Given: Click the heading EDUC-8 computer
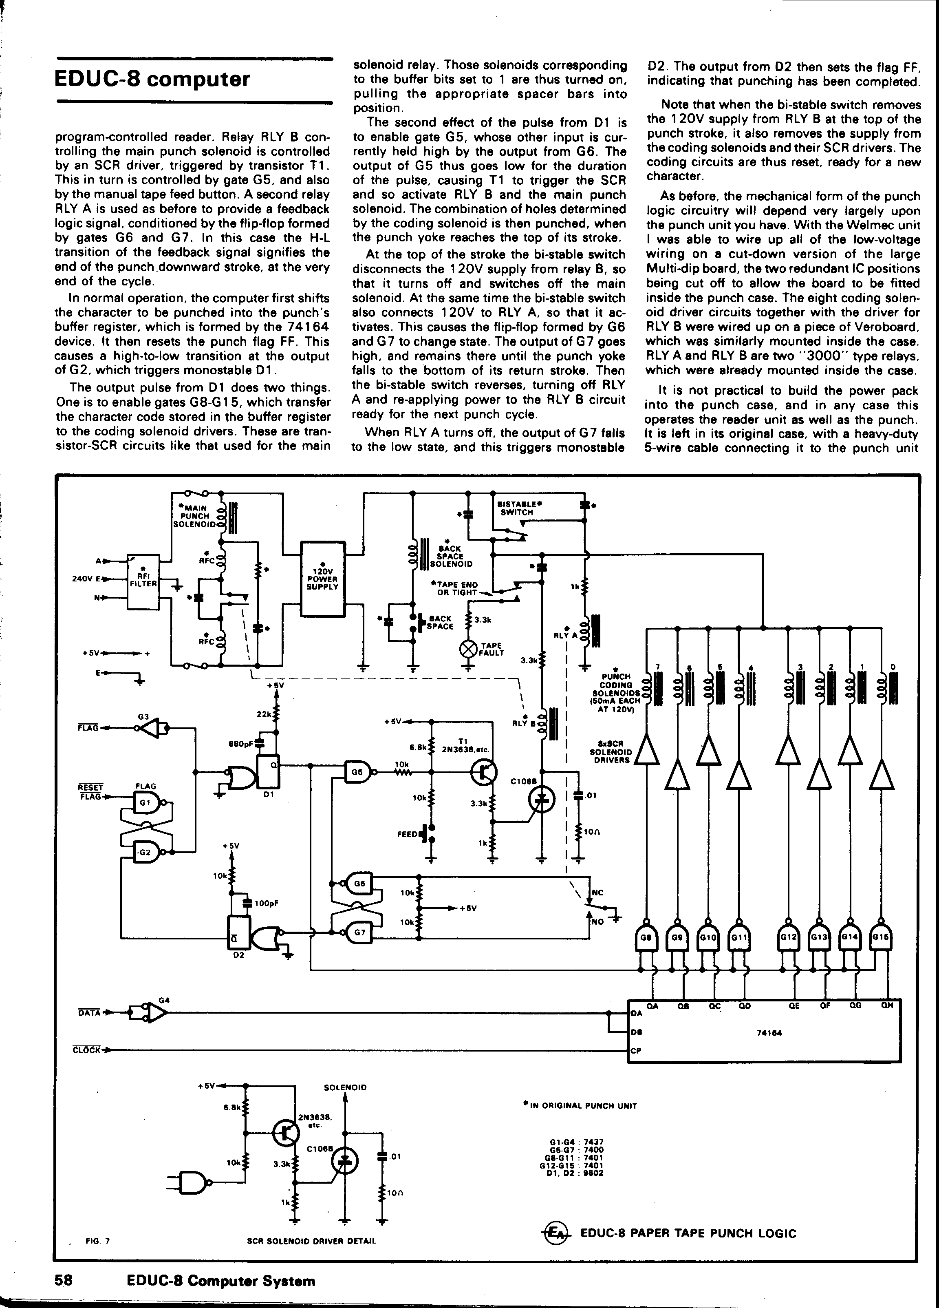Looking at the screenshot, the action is click(x=152, y=79).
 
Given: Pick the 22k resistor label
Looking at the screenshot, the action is click(x=263, y=714).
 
